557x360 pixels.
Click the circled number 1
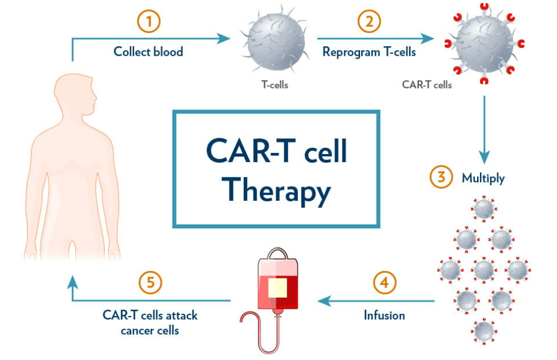point(150,22)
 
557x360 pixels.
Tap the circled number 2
point(369,22)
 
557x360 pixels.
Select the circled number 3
point(441,177)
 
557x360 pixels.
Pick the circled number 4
point(385,282)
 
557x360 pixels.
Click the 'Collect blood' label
point(148,51)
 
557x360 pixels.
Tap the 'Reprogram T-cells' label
point(369,51)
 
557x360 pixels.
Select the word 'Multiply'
point(483,177)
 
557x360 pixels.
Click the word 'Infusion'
point(384,315)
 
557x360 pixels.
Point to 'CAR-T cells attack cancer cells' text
point(150,322)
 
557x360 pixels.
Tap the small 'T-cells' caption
point(275,85)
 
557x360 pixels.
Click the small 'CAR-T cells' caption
point(427,85)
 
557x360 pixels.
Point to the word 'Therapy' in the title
point(276,190)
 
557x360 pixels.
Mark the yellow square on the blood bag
point(277,288)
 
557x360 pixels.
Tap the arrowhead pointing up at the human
point(72,281)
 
